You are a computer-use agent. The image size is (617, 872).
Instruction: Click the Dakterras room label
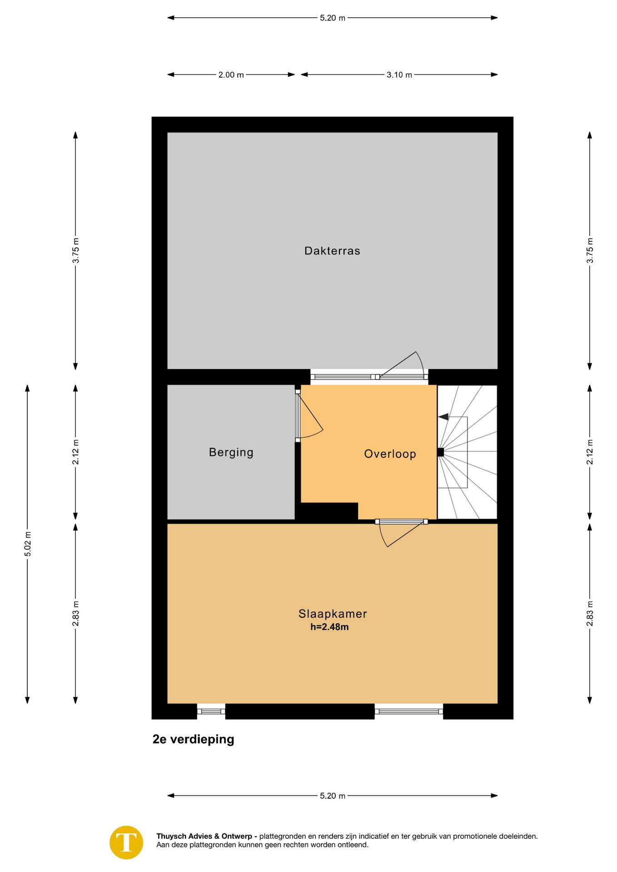[x=332, y=251]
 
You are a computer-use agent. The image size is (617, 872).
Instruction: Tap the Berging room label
[x=231, y=452]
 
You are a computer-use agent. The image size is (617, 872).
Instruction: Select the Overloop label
[x=390, y=454]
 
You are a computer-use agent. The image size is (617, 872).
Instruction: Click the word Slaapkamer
[x=333, y=614]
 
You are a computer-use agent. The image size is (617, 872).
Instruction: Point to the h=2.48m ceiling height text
[x=329, y=627]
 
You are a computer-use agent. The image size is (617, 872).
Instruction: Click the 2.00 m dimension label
[x=231, y=75]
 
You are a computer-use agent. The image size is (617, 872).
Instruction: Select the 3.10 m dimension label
[x=399, y=75]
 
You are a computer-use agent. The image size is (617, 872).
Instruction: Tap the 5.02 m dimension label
[x=28, y=544]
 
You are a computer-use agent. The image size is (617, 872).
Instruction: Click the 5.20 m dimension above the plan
[x=333, y=18]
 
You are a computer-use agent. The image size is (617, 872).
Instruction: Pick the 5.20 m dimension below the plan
[x=333, y=796]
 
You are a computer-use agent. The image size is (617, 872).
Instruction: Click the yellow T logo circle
[x=126, y=842]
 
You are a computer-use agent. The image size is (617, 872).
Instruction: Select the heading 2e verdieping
[x=193, y=739]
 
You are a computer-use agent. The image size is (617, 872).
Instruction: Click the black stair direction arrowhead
[x=443, y=416]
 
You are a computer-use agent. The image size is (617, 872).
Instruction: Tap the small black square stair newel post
[x=440, y=452]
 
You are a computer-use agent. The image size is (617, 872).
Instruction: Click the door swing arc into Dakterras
[x=422, y=362]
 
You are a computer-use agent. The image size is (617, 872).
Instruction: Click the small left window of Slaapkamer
[x=211, y=711]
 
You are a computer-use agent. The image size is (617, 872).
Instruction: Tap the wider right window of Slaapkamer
[x=409, y=711]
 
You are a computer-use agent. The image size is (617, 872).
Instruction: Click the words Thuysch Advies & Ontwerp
[x=204, y=836]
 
